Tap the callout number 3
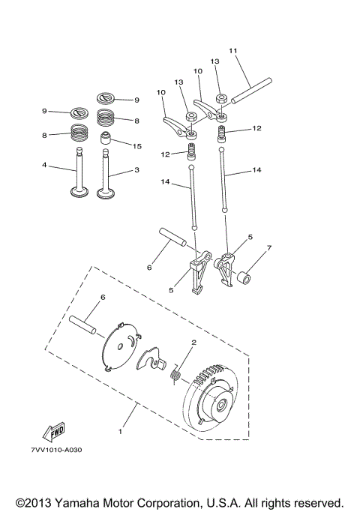coord(137,170)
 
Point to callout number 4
coord(44,165)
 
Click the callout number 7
coord(269,247)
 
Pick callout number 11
coord(233,51)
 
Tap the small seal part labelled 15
coord(108,141)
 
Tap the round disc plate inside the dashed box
coord(121,346)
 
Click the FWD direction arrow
coord(53,431)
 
